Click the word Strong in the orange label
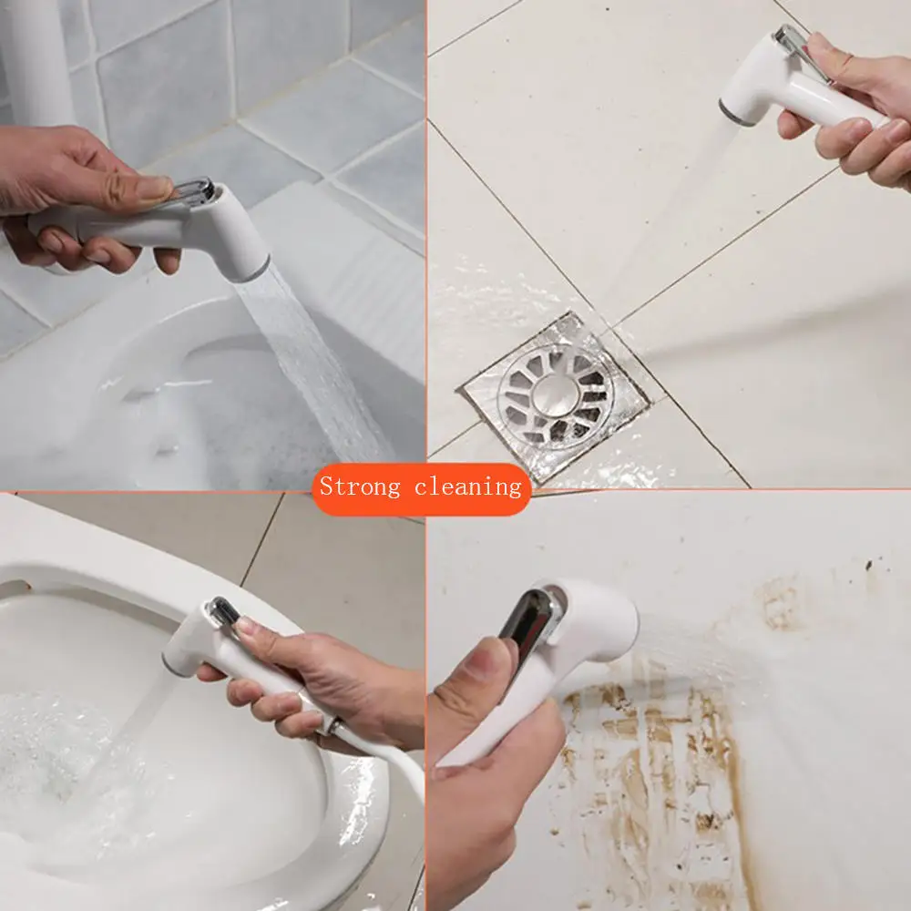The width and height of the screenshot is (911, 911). point(362,486)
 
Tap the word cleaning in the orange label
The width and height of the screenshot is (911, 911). point(467,486)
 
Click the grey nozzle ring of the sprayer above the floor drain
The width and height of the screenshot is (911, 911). point(736,112)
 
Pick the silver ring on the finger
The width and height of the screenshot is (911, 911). point(336,726)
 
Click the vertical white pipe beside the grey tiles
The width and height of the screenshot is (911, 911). point(36,55)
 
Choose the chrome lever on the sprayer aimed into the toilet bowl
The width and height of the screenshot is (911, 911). point(222,610)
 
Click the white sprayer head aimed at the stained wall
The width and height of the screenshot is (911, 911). point(592,629)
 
